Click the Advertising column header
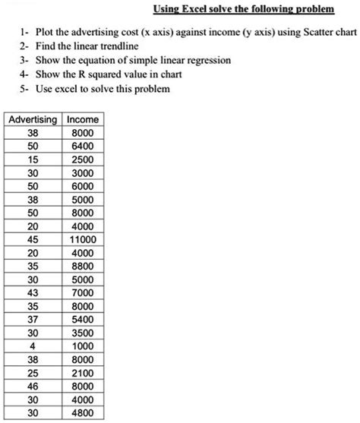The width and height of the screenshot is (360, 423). [32, 120]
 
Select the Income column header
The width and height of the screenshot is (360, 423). [83, 120]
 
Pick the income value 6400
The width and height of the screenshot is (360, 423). [83, 146]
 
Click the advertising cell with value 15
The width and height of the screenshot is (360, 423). [33, 159]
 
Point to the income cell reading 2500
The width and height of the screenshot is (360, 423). [83, 159]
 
